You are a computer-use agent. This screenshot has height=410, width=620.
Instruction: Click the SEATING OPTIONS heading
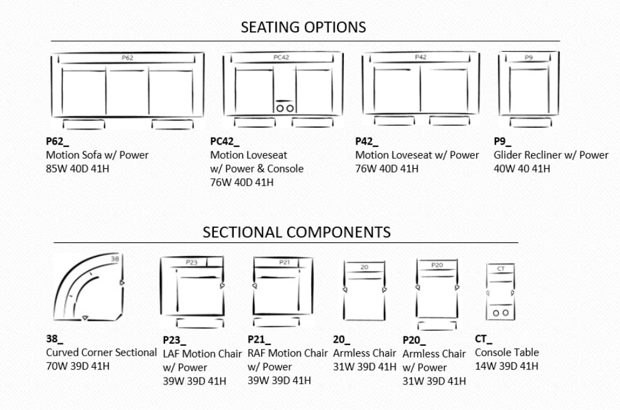(x=303, y=27)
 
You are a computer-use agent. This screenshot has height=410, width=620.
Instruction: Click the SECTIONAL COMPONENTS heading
(x=297, y=232)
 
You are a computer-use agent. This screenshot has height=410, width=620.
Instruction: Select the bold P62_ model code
(x=57, y=141)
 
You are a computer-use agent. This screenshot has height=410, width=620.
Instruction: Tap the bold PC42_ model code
(x=224, y=141)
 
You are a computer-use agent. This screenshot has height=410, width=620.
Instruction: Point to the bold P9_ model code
(x=502, y=141)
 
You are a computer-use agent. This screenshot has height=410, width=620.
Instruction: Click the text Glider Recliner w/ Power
(x=551, y=155)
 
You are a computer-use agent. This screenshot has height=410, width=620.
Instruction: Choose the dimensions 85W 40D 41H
(x=77, y=169)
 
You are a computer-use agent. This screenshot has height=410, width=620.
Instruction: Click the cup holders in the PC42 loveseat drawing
(x=285, y=108)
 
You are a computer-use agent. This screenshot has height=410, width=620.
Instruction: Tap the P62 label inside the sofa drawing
(x=127, y=58)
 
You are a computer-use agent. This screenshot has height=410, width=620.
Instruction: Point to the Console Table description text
(x=507, y=352)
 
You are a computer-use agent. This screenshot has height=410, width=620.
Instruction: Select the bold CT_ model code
(x=483, y=339)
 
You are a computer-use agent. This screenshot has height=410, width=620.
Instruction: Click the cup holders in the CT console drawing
(x=500, y=313)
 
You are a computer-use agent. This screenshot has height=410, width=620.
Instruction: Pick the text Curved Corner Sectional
(x=101, y=352)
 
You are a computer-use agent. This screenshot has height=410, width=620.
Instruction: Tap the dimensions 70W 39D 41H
(x=78, y=366)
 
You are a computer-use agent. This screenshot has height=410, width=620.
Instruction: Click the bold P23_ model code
(x=174, y=340)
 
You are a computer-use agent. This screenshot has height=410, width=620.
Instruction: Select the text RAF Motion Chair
(x=287, y=353)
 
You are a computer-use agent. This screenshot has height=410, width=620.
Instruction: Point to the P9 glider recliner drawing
(x=529, y=89)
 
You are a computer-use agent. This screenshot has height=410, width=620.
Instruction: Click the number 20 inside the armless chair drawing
(x=365, y=267)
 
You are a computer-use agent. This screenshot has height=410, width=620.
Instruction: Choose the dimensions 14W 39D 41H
(x=507, y=366)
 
